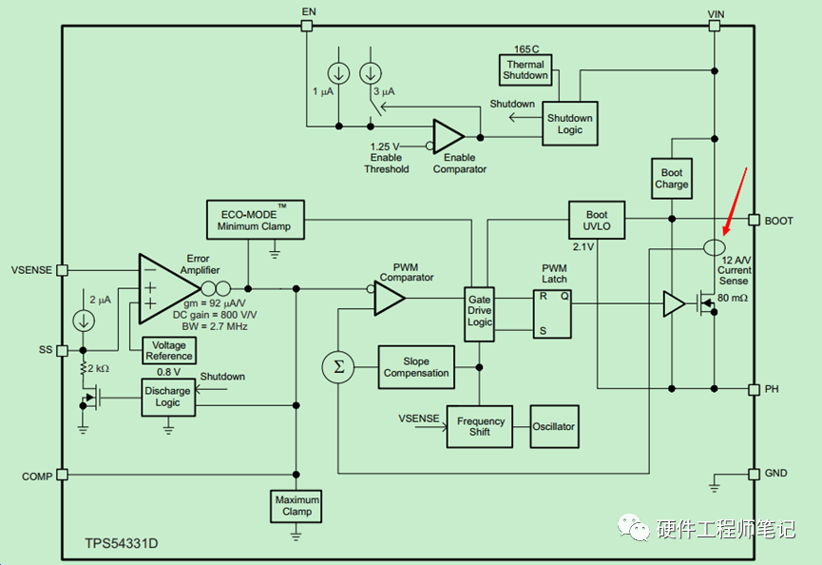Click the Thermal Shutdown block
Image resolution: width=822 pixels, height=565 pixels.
click(x=526, y=69)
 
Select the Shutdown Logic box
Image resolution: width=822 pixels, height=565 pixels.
click(x=570, y=124)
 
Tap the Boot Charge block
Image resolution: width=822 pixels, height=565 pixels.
click(x=672, y=179)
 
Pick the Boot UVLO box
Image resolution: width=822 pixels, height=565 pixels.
click(x=597, y=221)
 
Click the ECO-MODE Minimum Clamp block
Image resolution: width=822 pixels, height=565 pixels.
click(x=256, y=220)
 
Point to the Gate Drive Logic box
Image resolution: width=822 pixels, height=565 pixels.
click(x=479, y=314)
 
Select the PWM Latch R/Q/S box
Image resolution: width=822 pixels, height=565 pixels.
click(x=552, y=314)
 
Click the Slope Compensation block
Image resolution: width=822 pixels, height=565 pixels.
click(x=416, y=367)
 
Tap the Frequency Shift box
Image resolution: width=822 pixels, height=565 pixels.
click(x=480, y=426)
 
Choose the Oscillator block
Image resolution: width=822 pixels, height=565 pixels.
click(x=554, y=426)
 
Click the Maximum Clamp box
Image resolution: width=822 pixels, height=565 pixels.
click(x=296, y=506)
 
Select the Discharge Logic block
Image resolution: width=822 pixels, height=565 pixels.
click(x=168, y=398)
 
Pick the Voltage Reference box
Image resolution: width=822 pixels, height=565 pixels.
click(x=169, y=350)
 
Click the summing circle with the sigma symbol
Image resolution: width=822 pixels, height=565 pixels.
click(x=338, y=367)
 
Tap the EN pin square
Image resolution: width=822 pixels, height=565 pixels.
click(x=307, y=26)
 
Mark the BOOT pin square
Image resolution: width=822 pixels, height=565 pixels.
click(x=754, y=220)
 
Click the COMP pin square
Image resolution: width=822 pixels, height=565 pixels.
click(x=63, y=475)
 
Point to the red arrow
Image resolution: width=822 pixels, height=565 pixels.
click(x=735, y=202)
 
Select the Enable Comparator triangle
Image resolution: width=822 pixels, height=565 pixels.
click(x=449, y=136)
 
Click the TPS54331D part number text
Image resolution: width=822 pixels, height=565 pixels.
click(x=122, y=543)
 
